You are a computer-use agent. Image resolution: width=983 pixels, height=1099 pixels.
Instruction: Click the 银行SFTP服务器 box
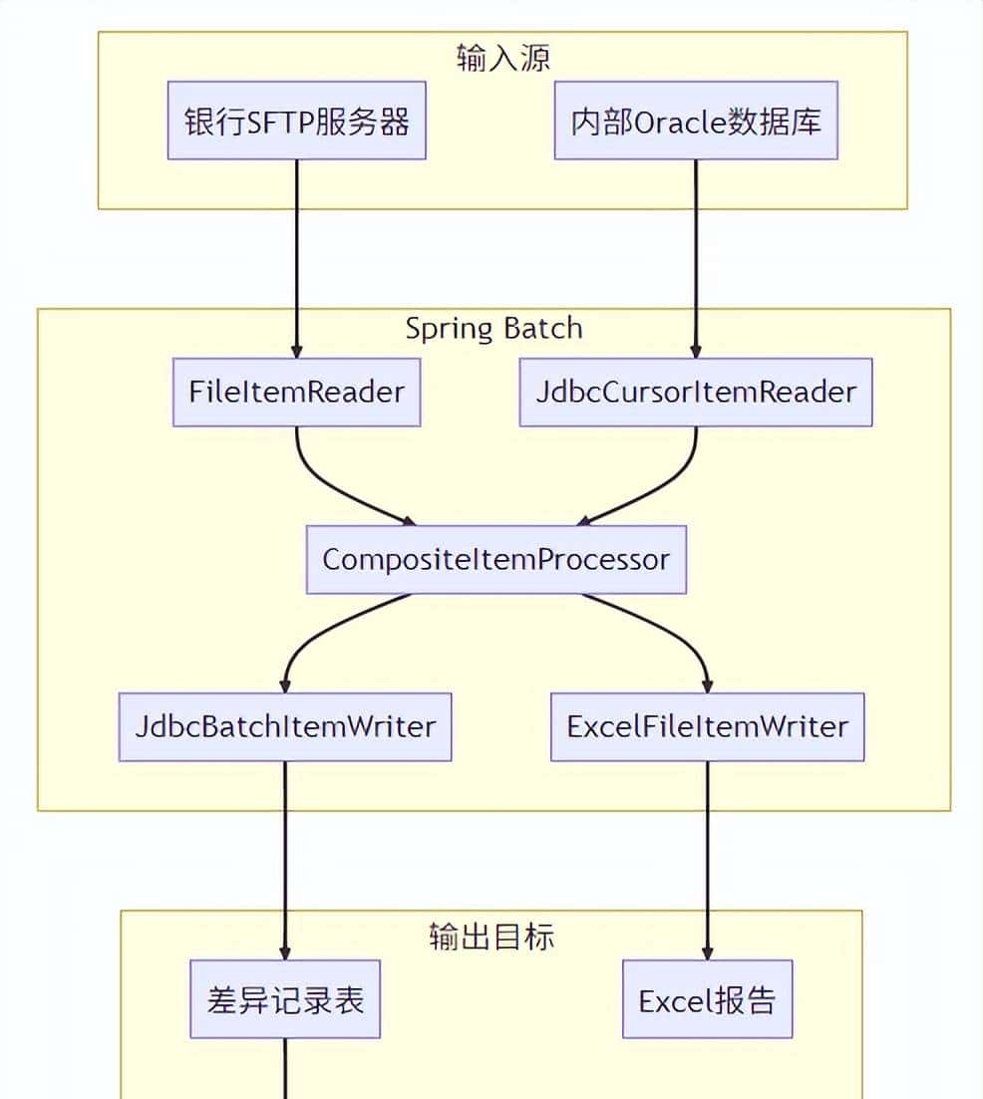(296, 123)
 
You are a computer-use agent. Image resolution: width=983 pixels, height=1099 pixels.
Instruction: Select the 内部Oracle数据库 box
(696, 123)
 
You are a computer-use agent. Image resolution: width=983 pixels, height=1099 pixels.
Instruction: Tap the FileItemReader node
(296, 392)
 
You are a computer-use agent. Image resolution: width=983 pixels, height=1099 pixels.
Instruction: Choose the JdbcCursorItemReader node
(696, 392)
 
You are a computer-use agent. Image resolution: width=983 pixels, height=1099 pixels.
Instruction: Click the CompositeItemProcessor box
(495, 559)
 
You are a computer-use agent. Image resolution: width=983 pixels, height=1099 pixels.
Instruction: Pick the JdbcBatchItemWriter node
(285, 726)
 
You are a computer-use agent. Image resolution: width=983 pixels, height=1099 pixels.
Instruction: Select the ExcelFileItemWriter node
(708, 726)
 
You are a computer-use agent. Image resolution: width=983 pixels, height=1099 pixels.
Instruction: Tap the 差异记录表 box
(285, 999)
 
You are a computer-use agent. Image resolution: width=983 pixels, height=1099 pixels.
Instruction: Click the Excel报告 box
(708, 999)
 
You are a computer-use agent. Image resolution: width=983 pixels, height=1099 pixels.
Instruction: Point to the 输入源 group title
(502, 58)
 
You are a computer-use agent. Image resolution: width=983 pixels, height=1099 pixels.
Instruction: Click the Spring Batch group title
(493, 329)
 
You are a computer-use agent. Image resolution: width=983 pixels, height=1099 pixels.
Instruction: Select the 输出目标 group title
(491, 937)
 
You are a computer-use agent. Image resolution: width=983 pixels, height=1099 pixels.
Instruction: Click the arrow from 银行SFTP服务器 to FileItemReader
(296, 259)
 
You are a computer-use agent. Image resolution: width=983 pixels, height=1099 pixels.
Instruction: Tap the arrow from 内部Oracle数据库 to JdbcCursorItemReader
(696, 259)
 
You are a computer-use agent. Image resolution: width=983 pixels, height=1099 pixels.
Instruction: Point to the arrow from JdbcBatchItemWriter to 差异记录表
(285, 857)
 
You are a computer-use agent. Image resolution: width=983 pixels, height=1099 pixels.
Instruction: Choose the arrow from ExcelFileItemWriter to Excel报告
(708, 857)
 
